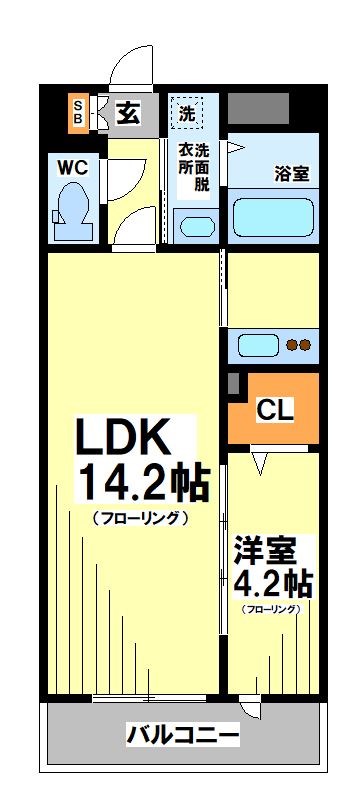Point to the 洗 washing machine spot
click(x=187, y=112)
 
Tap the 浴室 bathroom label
click(x=291, y=172)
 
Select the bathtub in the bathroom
click(x=274, y=216)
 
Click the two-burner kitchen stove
click(x=299, y=346)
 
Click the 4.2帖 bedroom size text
click(x=273, y=583)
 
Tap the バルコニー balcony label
click(x=182, y=736)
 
